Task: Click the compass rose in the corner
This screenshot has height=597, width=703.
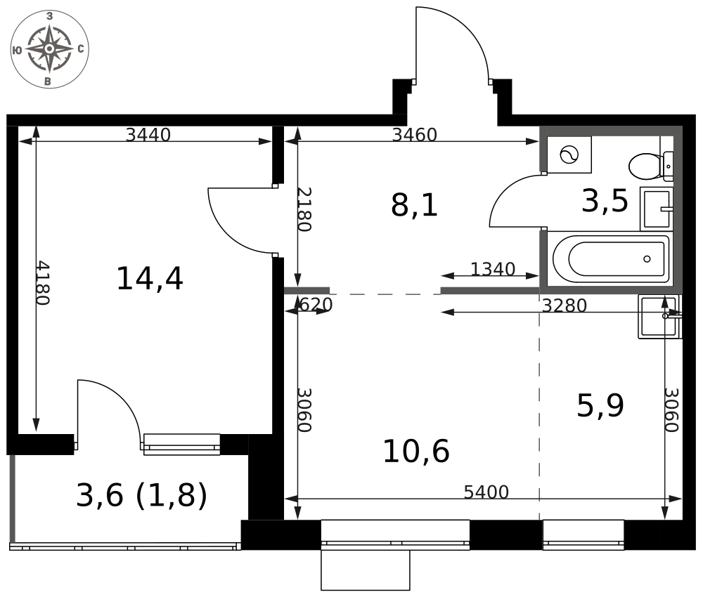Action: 49,49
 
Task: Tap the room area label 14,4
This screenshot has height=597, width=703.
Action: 150,279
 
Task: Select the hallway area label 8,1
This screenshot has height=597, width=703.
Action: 414,206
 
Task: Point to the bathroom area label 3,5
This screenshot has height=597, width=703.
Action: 605,201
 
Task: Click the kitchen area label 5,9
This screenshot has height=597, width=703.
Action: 600,406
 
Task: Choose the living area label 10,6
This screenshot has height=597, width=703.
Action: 416,451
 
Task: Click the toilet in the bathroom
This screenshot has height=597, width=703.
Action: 651,166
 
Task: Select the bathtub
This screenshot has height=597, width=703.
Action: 610,259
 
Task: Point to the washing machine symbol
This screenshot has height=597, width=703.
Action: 569,155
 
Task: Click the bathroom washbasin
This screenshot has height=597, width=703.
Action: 657,209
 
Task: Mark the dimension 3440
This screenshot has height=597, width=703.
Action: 148,134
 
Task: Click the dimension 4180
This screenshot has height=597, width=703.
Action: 43,283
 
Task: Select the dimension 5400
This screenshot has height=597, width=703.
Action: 486,492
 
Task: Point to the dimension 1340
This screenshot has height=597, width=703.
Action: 493,269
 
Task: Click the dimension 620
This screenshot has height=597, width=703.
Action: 316,305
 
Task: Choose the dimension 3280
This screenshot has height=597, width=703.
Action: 565,306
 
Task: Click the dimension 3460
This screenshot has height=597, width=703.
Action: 414,134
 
